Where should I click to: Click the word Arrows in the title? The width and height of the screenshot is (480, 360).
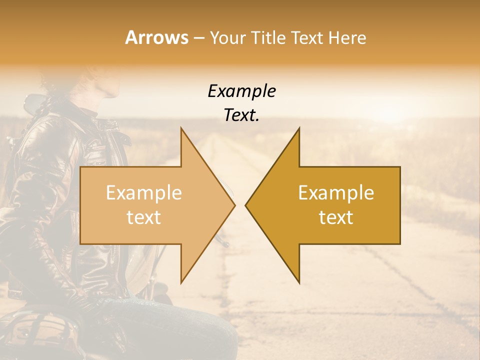[156, 37]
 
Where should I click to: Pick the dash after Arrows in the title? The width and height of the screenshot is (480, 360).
[198, 38]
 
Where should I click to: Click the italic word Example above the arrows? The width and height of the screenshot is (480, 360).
[241, 91]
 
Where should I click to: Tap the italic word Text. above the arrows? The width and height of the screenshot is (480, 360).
[241, 115]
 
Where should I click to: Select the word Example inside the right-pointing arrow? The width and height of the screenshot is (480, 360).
[144, 192]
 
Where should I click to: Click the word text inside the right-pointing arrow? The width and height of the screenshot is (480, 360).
[144, 217]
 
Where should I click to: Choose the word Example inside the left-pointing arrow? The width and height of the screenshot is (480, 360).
[336, 192]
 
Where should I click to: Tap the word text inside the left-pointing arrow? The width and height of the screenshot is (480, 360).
[336, 217]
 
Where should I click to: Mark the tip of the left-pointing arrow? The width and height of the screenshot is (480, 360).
[246, 205]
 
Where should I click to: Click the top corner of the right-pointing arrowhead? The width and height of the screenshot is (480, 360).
[181, 128]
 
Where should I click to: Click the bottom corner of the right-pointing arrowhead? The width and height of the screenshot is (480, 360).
[181, 282]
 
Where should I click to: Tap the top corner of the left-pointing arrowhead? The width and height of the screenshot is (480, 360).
[299, 128]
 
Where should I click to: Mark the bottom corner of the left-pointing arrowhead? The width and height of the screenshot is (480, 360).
[299, 282]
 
